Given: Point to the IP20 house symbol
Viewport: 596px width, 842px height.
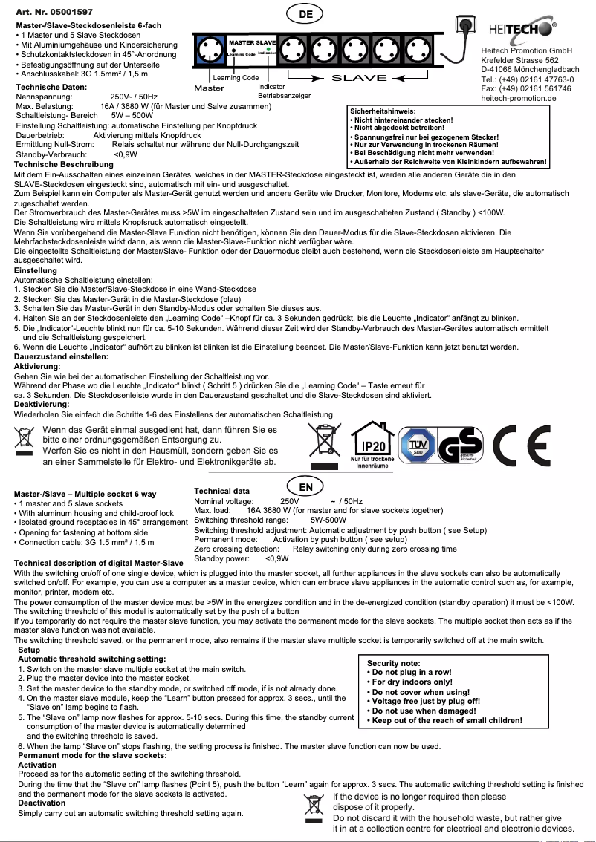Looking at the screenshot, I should (x=372, y=443).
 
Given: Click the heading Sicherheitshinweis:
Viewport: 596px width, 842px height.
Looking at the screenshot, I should (x=384, y=111).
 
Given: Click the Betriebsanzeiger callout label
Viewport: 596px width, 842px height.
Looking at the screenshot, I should (x=284, y=96).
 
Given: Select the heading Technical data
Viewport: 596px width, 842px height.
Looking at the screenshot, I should (x=221, y=492).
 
